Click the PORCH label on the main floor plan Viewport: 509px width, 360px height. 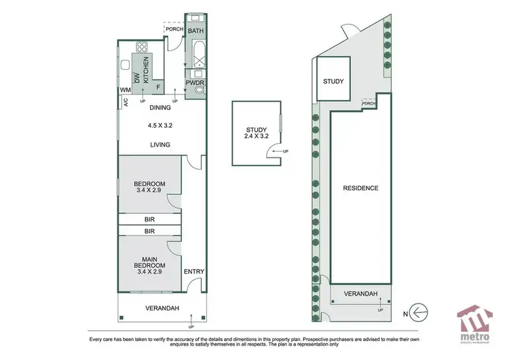174,29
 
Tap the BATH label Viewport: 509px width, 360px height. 195,31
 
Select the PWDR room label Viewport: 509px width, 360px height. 195,83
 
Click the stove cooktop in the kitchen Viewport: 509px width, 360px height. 143,48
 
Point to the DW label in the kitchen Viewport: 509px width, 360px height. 136,79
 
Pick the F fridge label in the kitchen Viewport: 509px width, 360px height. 158,87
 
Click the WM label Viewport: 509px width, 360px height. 126,90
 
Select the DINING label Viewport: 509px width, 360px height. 160,107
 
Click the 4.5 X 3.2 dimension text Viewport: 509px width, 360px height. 161,125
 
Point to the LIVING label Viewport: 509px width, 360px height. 160,145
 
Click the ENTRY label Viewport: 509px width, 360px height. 194,272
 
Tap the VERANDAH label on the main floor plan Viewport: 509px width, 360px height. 162,308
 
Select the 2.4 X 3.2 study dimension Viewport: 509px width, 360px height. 255,136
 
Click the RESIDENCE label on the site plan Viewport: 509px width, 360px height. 360,188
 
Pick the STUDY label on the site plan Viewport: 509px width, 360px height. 333,82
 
